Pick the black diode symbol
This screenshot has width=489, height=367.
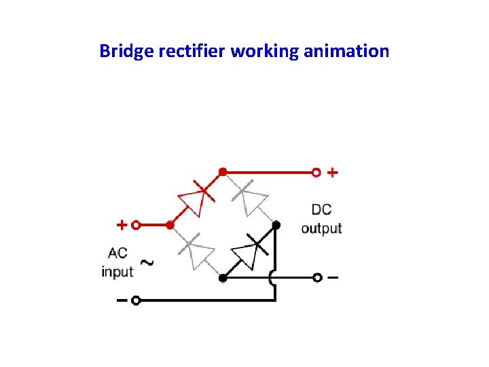click(249, 252)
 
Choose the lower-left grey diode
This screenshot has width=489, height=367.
click(194, 251)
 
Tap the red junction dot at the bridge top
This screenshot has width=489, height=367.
click(222, 172)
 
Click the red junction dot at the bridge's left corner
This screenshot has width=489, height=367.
click(170, 224)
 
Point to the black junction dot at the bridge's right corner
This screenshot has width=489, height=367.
click(275, 224)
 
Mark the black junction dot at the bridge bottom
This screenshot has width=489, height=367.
click(222, 278)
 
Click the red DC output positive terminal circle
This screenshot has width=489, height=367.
click(316, 173)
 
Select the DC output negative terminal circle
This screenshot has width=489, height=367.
click(316, 278)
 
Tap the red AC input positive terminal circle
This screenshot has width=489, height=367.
click(136, 224)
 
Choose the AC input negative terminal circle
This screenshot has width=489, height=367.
click(136, 300)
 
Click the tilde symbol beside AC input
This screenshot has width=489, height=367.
click(145, 262)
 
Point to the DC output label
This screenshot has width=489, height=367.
click(321, 220)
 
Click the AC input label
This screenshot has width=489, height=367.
click(117, 262)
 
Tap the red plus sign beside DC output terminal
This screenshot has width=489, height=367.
click(332, 173)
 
